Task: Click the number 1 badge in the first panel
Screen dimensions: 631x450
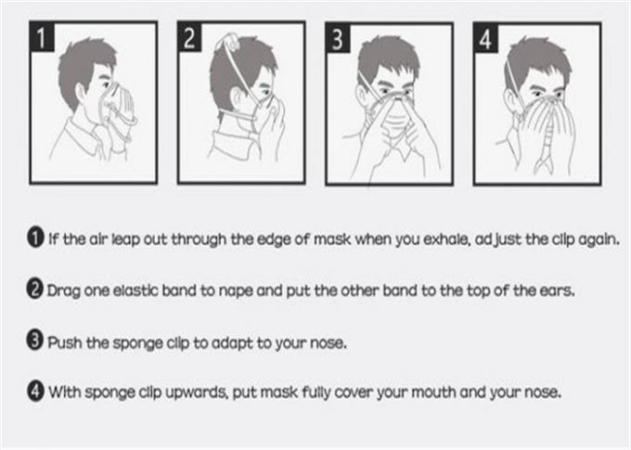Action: pos(42,36)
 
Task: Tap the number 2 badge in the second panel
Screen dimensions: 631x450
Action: pos(190,36)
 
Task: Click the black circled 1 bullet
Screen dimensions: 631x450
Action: pos(35,238)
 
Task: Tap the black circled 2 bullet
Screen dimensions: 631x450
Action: pos(34,289)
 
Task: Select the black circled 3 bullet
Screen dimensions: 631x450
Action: pos(34,341)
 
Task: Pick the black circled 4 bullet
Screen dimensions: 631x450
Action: pos(35,391)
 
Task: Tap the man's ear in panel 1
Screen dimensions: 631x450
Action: pos(82,96)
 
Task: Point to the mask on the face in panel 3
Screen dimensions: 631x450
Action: pos(393,117)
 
